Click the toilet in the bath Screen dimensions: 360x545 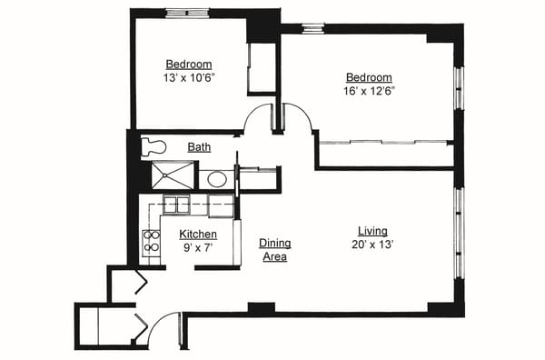(154, 147)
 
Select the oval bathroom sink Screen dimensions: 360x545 (217, 178)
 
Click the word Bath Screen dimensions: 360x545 (200, 147)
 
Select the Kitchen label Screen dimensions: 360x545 (197, 235)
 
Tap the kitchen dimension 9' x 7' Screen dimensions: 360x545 (197, 247)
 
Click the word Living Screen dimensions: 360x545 (372, 231)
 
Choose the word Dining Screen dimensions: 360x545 (274, 244)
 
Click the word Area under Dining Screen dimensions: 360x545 (274, 257)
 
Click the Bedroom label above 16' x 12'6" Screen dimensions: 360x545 (368, 77)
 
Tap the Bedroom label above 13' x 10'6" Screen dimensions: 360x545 (189, 64)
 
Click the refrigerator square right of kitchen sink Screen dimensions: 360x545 (221, 205)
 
